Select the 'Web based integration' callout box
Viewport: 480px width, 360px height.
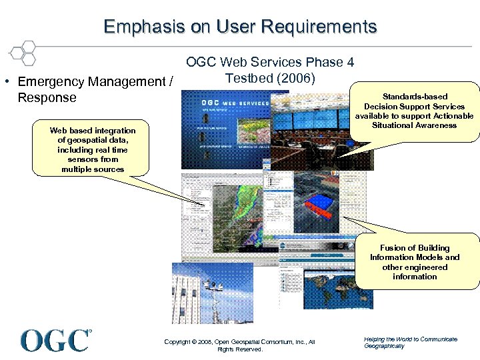(92, 150)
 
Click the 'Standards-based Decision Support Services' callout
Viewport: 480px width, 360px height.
(414, 111)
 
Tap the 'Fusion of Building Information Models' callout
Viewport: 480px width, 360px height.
(414, 262)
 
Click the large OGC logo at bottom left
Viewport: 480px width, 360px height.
(55, 340)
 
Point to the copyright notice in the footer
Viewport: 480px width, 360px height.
(239, 345)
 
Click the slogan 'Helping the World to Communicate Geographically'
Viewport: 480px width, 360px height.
(410, 342)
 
